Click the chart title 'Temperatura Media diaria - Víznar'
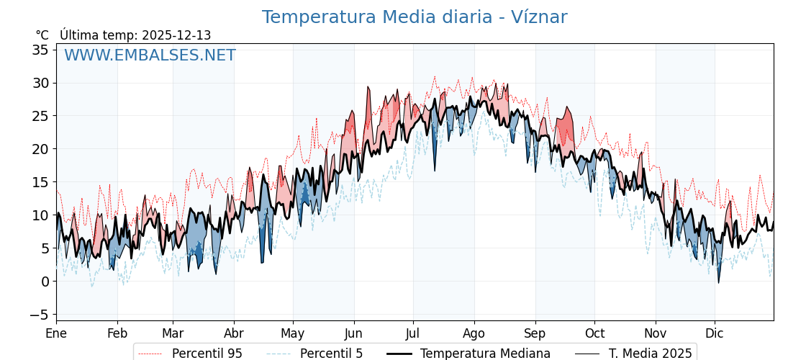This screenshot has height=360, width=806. coord(415,17)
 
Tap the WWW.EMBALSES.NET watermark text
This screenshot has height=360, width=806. coord(150,55)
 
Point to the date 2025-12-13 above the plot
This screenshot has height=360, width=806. coord(176,35)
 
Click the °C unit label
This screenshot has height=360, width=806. coord(42,35)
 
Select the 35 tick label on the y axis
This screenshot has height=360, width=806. coord(40,50)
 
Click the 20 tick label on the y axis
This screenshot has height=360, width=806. coord(40,149)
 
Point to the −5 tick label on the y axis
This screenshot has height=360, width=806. coord(37,315)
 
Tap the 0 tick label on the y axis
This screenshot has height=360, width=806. coord(45,282)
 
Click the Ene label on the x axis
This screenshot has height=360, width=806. coord(56,333)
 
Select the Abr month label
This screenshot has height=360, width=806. coord(234,333)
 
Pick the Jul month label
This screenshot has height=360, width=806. coord(413,333)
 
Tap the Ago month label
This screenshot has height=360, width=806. coord(474,333)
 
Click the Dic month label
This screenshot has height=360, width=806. coord(715,333)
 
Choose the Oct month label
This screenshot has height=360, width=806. coord(594,333)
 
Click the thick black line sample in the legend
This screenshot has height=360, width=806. coord(399,354)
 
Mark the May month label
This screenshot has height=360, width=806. coord(293,333)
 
